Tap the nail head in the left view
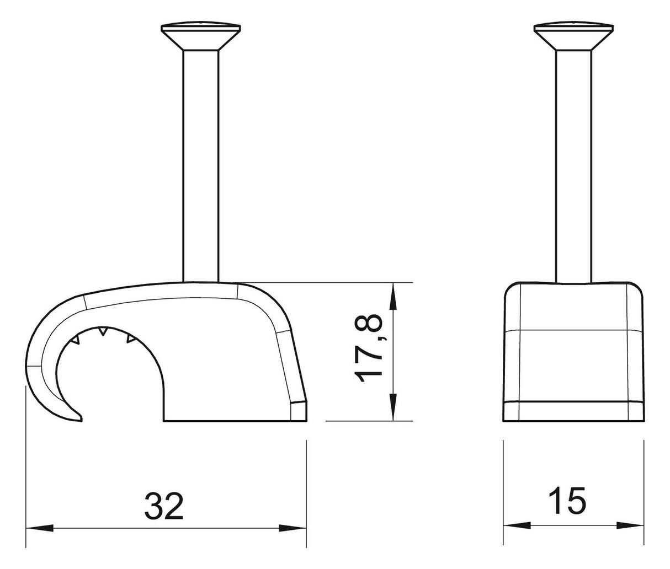(201, 36)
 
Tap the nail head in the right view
(573, 36)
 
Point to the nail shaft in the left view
(201, 166)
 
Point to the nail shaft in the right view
(573, 166)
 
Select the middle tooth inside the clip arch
(103, 331)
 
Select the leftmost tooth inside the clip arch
(77, 340)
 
